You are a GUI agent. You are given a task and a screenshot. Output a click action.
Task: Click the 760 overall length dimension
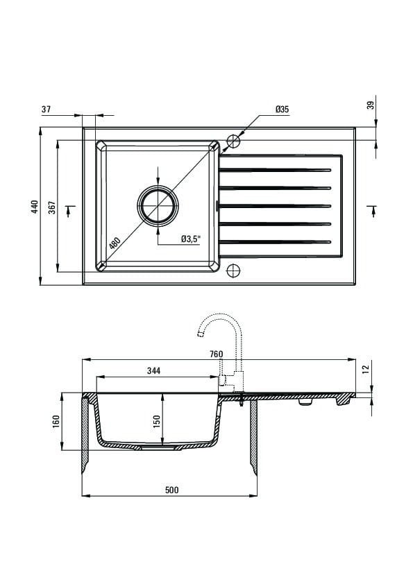point(216,354)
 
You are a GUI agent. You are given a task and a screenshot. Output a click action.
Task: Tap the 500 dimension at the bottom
point(172,490)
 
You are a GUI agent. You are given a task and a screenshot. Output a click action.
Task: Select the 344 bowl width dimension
point(153,370)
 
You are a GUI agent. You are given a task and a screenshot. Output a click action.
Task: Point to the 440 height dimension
point(35,207)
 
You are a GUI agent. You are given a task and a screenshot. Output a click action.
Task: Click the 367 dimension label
point(52,207)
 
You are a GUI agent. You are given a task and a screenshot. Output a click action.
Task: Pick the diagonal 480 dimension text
point(115,243)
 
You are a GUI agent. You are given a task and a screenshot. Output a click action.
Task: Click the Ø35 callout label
point(283,109)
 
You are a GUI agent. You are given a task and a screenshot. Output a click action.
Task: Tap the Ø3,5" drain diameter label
point(191,239)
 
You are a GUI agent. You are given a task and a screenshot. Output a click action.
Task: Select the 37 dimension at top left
point(46,109)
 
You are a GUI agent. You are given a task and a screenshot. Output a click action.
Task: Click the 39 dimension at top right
point(371,105)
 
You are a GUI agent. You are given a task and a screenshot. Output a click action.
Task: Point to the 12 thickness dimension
point(366,369)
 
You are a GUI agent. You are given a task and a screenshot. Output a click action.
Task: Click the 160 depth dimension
point(56,422)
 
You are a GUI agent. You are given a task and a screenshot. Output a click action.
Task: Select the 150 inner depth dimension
point(157,421)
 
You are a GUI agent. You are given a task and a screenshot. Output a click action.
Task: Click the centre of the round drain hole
point(158,205)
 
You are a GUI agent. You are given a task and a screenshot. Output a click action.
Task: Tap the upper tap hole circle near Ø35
point(234,140)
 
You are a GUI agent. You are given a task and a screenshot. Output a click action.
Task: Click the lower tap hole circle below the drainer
point(233,270)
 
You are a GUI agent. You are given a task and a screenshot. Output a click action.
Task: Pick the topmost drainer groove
point(275,170)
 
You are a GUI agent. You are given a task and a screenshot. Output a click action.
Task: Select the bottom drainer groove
point(275,242)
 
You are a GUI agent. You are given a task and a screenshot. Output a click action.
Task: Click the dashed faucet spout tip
point(201,334)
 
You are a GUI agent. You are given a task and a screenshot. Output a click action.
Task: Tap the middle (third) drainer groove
point(275,206)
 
